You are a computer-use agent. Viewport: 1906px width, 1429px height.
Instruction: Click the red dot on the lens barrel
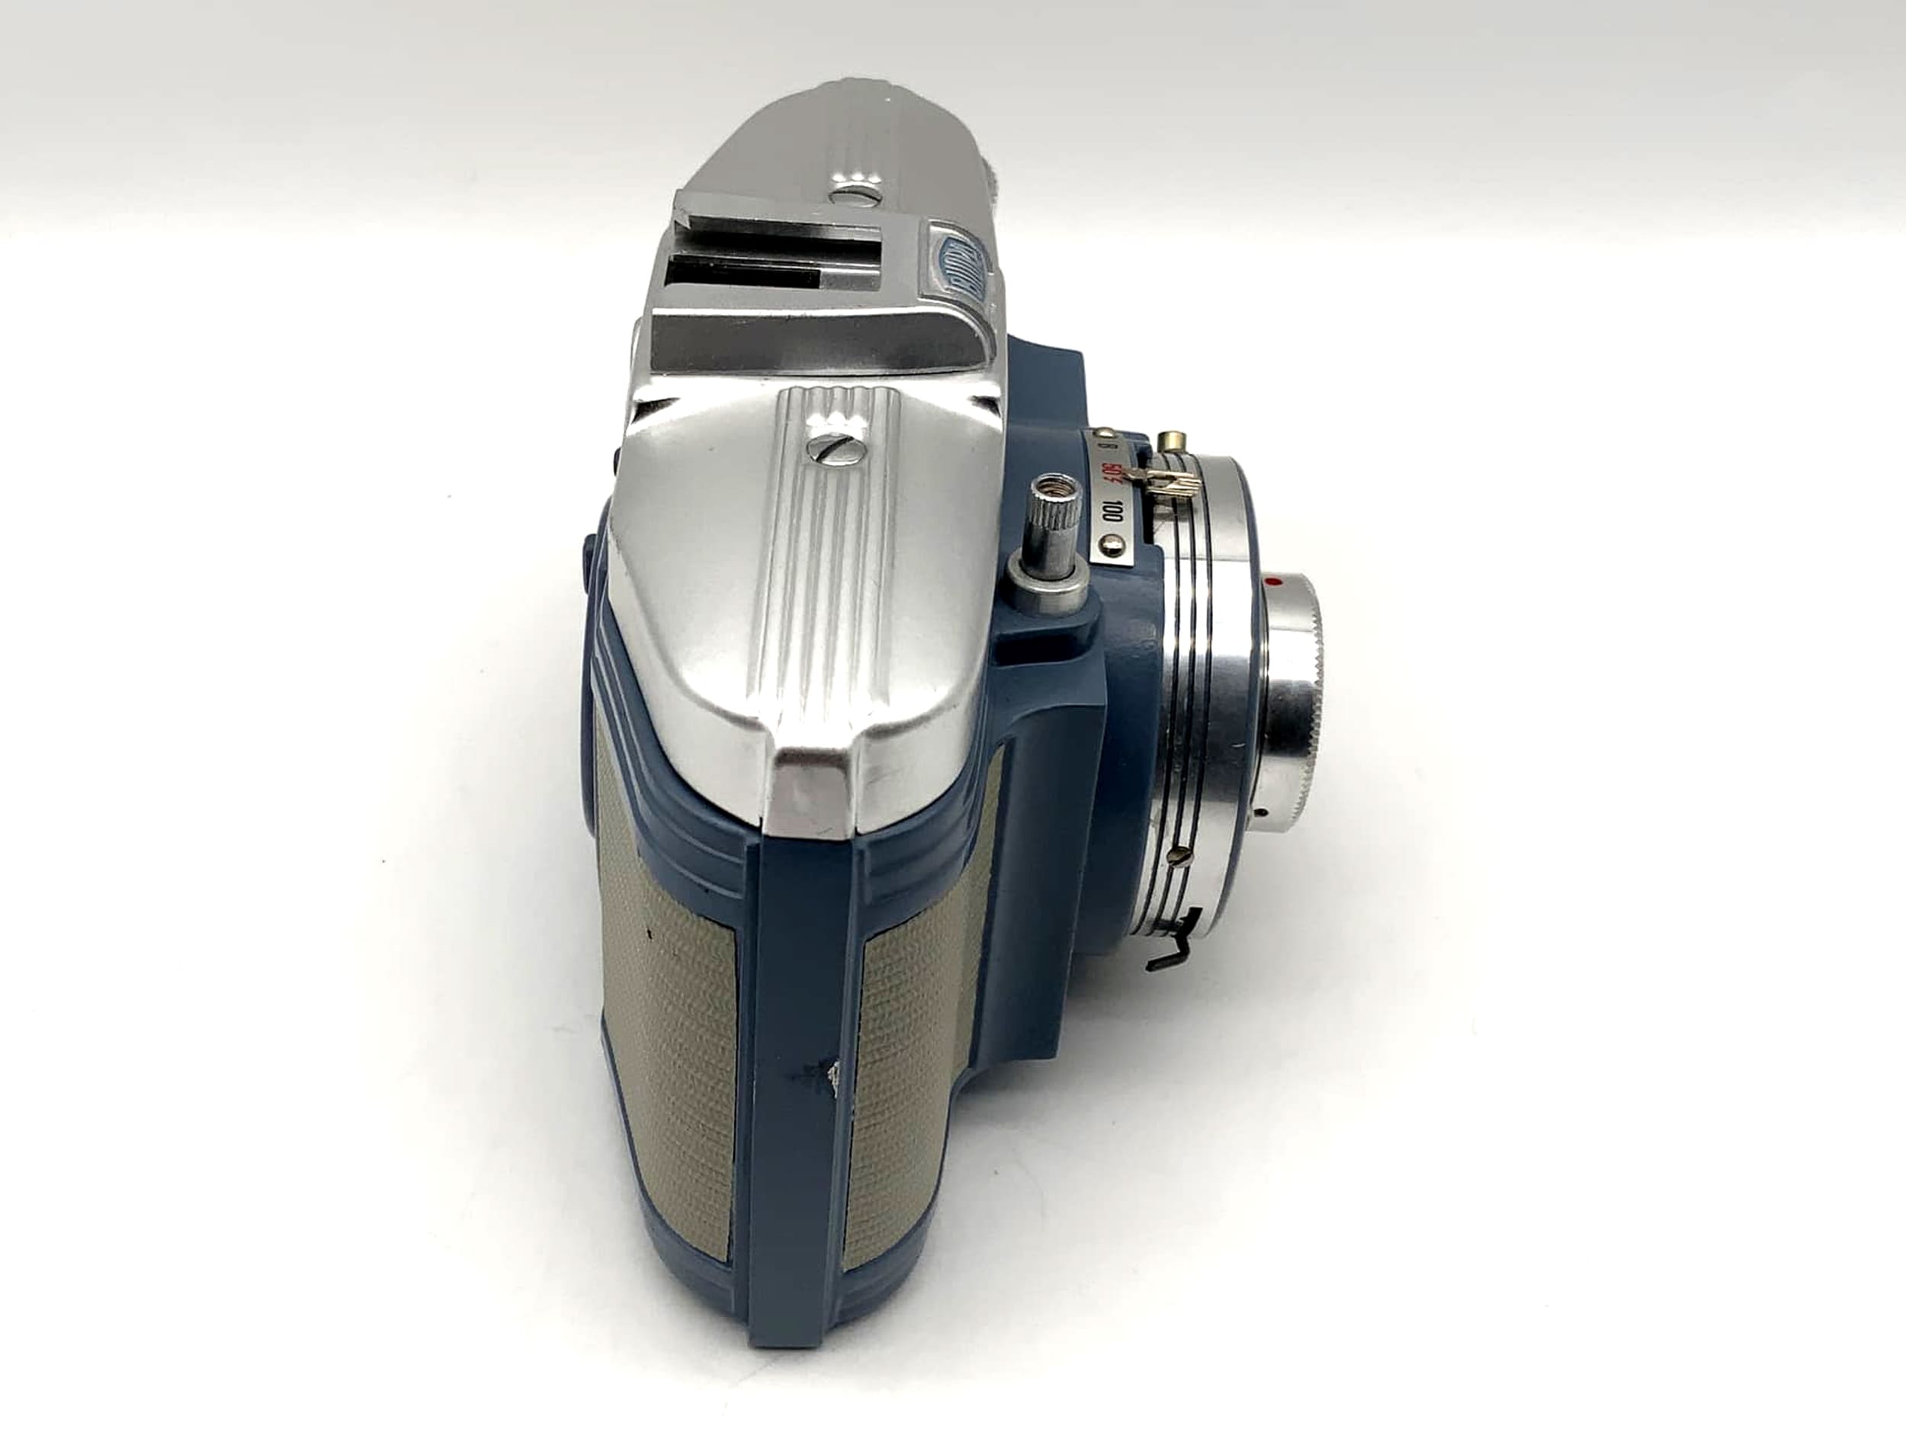tap(1273, 584)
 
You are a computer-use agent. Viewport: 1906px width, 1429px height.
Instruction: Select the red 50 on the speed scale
tap(1109, 472)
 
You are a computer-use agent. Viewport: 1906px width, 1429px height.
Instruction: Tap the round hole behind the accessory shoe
tap(853, 197)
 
